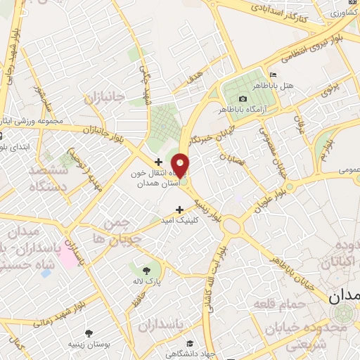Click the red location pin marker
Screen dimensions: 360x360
pos(180,165)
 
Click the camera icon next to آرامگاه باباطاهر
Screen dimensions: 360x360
pos(243,98)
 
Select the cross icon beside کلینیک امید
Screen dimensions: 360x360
pos(179,209)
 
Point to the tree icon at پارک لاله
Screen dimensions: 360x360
pos(146,269)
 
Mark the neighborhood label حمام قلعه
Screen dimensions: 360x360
pos(299,304)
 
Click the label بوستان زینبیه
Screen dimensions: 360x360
pos(88,345)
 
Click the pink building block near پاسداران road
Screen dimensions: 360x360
pos(68,254)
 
